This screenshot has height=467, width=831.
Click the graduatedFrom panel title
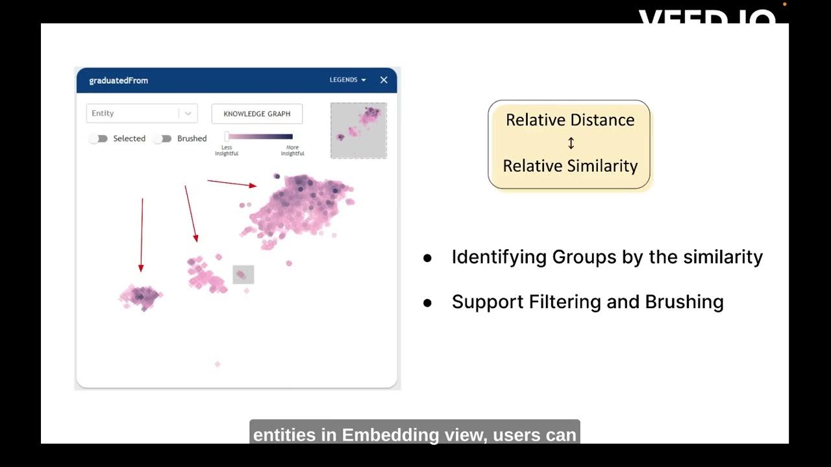click(118, 80)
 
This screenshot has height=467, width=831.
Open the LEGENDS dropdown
click(347, 80)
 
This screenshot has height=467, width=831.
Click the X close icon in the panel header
click(384, 80)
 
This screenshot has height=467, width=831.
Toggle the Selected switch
click(98, 139)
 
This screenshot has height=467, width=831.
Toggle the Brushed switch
click(162, 139)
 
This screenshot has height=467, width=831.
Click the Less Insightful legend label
click(227, 150)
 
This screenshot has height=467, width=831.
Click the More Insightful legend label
click(292, 150)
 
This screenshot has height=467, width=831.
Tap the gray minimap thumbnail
click(358, 130)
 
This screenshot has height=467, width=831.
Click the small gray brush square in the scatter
click(243, 274)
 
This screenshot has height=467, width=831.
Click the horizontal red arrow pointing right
click(232, 184)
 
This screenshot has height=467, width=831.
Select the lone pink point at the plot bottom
click(217, 364)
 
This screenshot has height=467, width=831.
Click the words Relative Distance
click(570, 120)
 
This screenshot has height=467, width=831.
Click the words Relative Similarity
click(570, 166)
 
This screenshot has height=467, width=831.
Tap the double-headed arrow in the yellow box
click(571, 143)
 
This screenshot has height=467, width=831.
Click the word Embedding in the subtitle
click(386, 435)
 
